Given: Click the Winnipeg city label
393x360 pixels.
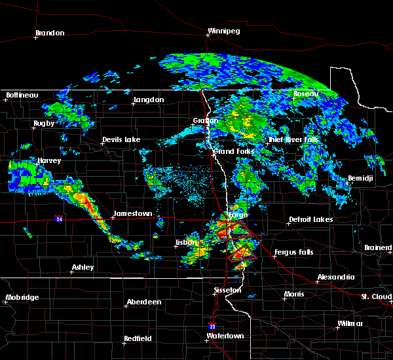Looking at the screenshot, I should coord(223,31).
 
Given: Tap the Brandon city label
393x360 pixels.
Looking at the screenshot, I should coord(50,33).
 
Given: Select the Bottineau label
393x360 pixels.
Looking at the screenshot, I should coord(22,95).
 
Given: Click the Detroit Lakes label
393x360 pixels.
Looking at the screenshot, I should coord(310,219).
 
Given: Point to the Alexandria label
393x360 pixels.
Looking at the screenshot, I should coord(335,277).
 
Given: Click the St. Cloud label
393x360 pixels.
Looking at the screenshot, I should coord(377,297).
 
